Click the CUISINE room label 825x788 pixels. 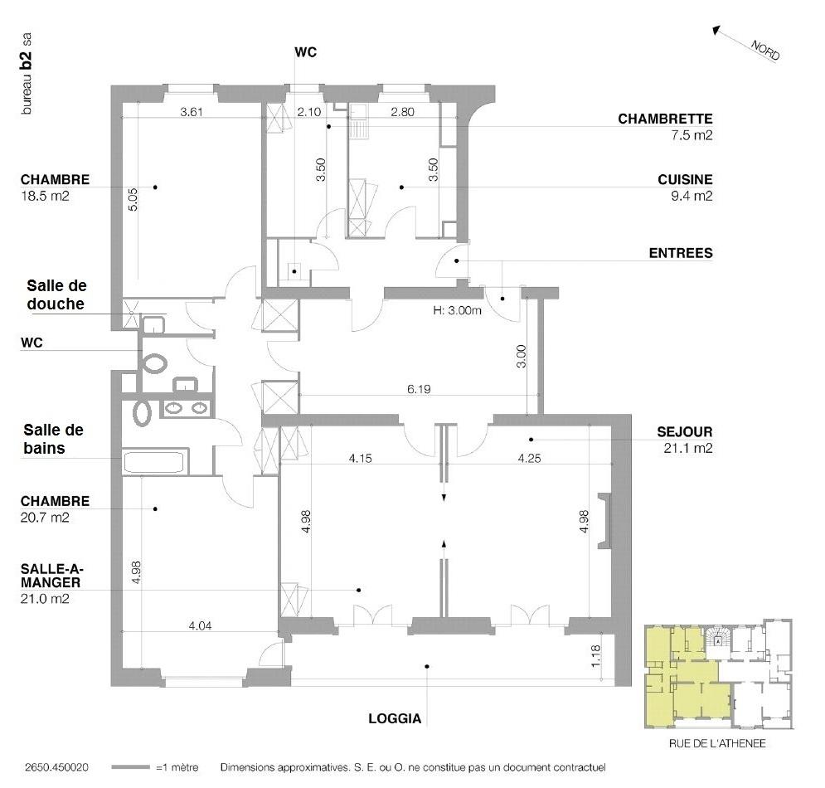click(x=685, y=179)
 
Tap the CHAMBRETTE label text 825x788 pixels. click(x=665, y=119)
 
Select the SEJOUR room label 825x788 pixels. click(x=685, y=432)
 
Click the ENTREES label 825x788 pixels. click(x=680, y=253)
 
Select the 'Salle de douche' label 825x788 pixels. click(x=54, y=295)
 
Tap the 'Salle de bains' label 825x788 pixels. click(x=54, y=439)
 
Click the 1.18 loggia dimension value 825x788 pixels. click(x=594, y=655)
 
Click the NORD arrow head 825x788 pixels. click(x=716, y=31)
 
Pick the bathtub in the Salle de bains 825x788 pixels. click(x=156, y=462)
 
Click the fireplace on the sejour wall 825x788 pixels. click(x=604, y=521)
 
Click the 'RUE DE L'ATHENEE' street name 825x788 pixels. click(x=717, y=744)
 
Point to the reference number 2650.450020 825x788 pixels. click(x=57, y=768)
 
